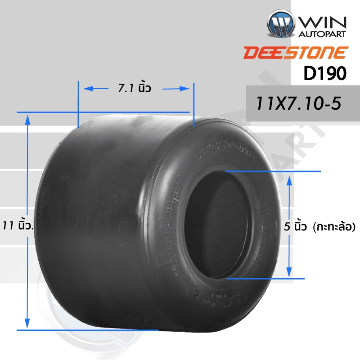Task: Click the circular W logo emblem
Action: pyautogui.click(x=280, y=23)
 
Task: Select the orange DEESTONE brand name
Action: pyautogui.click(x=295, y=53)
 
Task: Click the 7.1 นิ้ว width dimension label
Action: pyautogui.click(x=134, y=89)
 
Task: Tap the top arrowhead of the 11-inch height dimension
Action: pyautogui.click(x=28, y=118)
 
